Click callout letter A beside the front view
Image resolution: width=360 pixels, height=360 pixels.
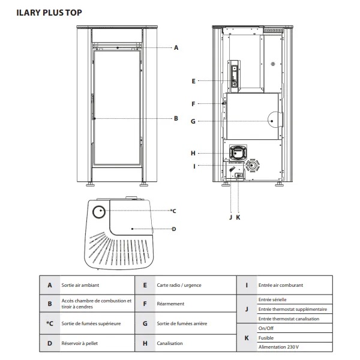point(176,47)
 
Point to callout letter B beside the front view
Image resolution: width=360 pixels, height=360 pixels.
point(176,118)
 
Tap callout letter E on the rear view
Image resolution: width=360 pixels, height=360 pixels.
point(193,80)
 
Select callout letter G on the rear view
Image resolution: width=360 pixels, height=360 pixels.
point(193,121)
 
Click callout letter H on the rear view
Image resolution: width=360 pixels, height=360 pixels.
point(193,152)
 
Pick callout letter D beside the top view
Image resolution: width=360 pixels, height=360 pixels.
point(173,229)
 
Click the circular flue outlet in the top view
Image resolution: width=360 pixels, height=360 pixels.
point(99,211)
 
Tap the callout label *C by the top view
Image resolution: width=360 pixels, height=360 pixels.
point(172,211)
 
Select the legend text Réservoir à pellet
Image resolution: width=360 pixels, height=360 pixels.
point(78,343)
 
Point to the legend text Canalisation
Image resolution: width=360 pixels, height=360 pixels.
point(169,343)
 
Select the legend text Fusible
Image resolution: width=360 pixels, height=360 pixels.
point(265,338)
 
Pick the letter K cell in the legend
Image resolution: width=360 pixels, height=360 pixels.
point(246,338)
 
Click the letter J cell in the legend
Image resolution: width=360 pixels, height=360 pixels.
point(246,309)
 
